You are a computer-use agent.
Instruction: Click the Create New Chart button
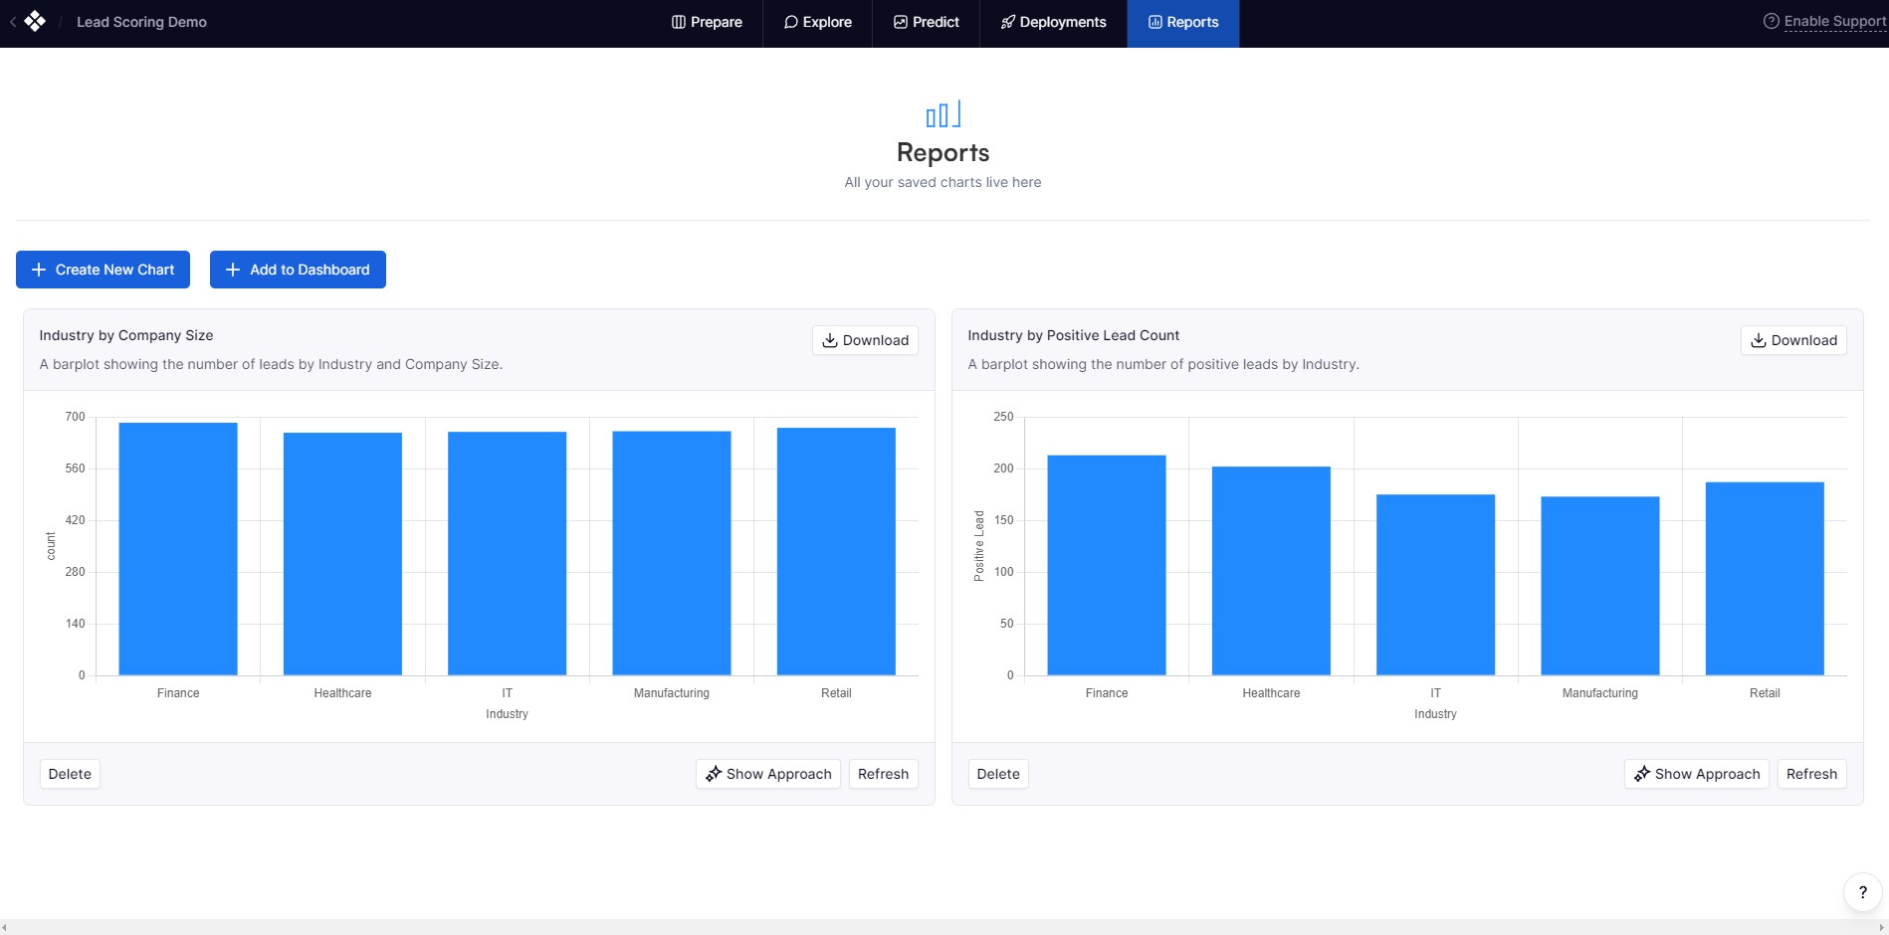[x=103, y=270]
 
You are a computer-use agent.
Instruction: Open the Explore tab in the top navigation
[x=817, y=22]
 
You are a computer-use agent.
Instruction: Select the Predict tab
[x=926, y=22]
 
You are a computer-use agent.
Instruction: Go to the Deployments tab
[x=1053, y=22]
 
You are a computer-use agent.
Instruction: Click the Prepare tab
[x=707, y=22]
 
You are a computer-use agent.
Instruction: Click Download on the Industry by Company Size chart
[x=865, y=340]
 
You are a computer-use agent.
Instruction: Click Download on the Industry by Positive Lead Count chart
[x=1793, y=340]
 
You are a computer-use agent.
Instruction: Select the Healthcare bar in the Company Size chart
[x=342, y=554]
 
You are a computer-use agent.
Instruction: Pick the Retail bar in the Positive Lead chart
[x=1765, y=579]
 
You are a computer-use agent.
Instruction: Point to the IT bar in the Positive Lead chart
[x=1435, y=585]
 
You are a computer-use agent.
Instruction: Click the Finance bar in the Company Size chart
[x=178, y=549]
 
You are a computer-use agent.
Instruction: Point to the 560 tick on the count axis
[x=75, y=468]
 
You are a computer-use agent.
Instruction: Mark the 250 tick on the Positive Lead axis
[x=1003, y=417]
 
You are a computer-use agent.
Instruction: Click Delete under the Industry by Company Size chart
[x=70, y=774]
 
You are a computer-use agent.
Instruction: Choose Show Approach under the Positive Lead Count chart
[x=1697, y=774]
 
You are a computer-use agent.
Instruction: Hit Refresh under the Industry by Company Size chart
[x=883, y=774]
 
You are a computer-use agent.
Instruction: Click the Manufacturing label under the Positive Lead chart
[x=1599, y=693]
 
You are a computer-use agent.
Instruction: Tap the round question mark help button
[x=1862, y=892]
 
